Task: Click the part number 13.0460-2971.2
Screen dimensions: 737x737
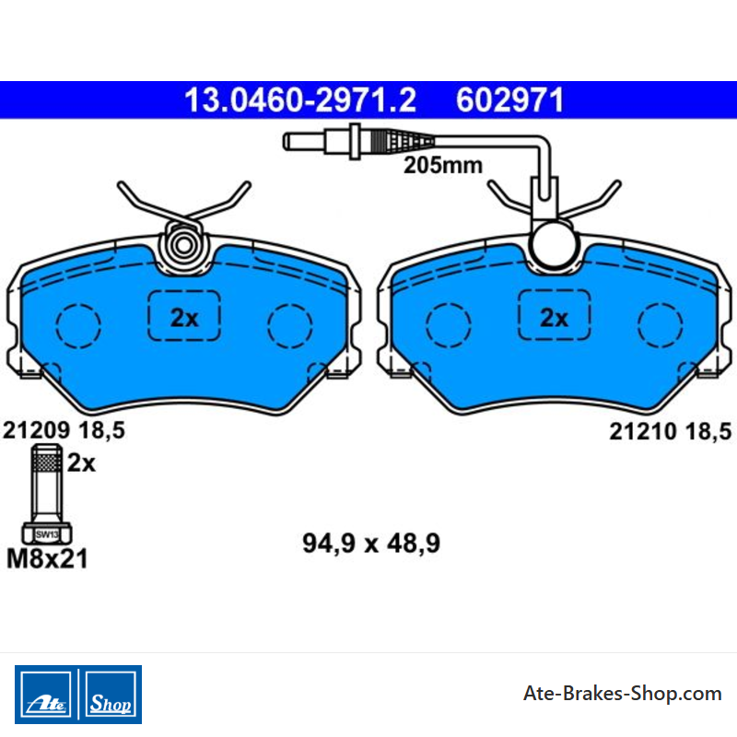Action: point(300,100)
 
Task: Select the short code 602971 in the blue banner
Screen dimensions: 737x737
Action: point(509,100)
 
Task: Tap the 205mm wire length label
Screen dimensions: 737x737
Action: point(443,166)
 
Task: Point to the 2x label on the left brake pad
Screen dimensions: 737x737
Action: point(184,318)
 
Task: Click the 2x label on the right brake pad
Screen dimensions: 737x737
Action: point(555,318)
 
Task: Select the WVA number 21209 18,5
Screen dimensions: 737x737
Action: point(64,430)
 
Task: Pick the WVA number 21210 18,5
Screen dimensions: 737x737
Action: point(671,431)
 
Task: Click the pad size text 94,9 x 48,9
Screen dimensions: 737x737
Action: point(371,544)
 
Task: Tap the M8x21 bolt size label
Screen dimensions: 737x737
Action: point(47,559)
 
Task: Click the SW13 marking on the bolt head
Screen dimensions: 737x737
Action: point(47,534)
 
